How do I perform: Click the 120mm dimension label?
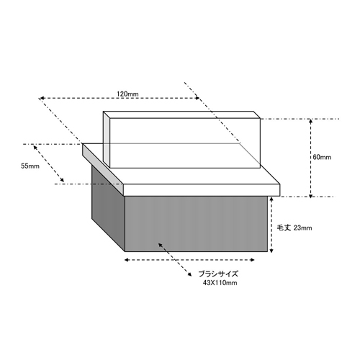(x=127, y=94)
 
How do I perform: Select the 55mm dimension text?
(x=30, y=166)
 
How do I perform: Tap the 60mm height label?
(x=322, y=157)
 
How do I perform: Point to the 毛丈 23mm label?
(x=294, y=228)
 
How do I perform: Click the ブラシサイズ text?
(x=218, y=274)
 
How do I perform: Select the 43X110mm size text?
(x=220, y=283)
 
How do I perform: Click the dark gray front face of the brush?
(x=196, y=224)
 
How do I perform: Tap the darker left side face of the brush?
(x=108, y=207)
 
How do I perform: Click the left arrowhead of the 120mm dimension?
(x=41, y=98)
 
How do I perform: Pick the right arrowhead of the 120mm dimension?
(x=197, y=98)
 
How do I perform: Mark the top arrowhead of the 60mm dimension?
(x=310, y=121)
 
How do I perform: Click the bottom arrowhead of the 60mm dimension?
(x=310, y=196)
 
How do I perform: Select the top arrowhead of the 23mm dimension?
(x=271, y=199)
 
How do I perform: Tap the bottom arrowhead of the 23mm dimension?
(x=271, y=251)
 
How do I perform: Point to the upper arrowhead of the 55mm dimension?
(x=35, y=147)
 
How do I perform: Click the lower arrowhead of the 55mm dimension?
(x=62, y=180)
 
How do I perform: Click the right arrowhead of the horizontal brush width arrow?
(x=252, y=260)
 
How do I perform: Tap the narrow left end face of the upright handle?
(x=107, y=139)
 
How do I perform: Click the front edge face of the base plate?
(x=202, y=190)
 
